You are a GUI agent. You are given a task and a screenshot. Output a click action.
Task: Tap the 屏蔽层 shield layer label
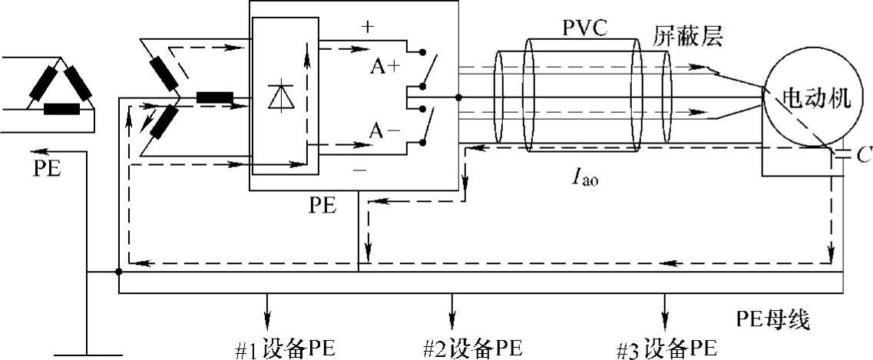[689, 37]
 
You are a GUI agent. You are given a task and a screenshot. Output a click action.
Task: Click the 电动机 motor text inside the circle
[816, 99]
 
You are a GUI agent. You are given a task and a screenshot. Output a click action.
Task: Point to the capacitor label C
[864, 156]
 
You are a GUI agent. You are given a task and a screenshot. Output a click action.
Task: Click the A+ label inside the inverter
[385, 67]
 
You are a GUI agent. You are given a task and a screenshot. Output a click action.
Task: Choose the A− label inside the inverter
[385, 131]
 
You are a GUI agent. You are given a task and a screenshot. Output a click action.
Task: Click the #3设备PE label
[666, 348]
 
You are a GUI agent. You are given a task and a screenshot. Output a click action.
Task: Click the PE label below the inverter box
[323, 206]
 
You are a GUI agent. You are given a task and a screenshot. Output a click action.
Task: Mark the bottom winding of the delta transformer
[61, 108]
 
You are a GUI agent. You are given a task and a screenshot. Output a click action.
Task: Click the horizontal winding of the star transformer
[215, 97]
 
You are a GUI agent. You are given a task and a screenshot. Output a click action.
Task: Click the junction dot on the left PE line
[117, 271]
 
